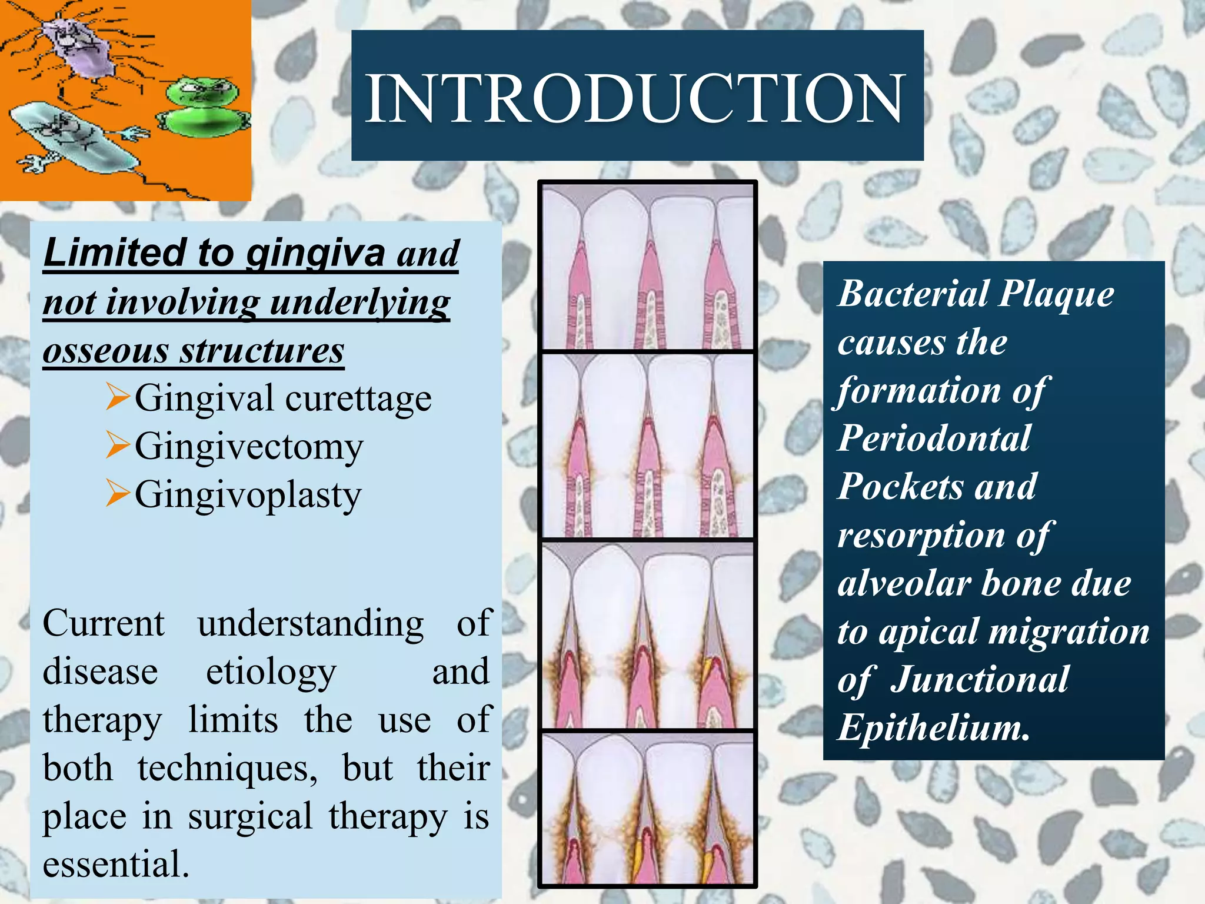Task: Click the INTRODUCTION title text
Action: tap(635, 97)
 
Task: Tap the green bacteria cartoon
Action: tap(203, 106)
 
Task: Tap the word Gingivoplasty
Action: tap(248, 495)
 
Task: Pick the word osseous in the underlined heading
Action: tap(105, 351)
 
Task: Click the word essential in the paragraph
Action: tap(115, 864)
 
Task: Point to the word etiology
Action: tap(271, 672)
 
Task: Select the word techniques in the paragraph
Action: tap(227, 769)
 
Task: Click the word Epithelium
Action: tap(933, 727)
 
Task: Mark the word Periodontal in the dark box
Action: tap(934, 438)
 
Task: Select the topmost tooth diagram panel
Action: tap(647, 267)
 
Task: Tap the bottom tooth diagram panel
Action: tap(647, 807)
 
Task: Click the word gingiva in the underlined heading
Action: tap(315, 253)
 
